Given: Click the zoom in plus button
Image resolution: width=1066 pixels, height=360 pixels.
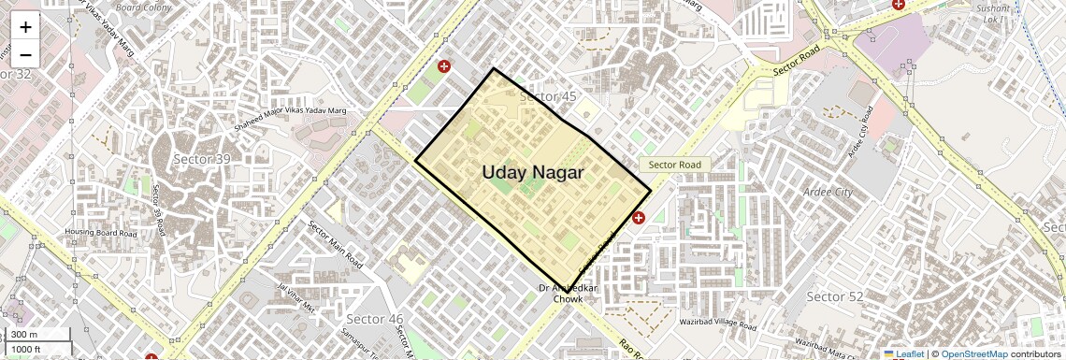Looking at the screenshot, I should tap(25, 27).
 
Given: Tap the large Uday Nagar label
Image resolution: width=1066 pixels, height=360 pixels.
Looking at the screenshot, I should tap(532, 172).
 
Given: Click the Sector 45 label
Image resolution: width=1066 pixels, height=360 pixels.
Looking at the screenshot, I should tap(548, 97).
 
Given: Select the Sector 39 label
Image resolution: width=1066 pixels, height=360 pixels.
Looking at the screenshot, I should tap(201, 160).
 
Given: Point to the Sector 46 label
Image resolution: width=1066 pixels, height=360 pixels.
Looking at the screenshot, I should tap(374, 319).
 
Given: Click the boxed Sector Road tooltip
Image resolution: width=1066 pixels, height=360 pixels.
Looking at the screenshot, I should tap(675, 165).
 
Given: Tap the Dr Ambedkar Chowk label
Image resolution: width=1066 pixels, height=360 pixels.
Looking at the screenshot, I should tap(568, 294).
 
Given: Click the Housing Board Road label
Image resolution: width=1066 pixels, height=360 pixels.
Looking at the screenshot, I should tap(100, 232).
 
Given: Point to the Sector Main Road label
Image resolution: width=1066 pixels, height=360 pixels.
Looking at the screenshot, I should tap(335, 245).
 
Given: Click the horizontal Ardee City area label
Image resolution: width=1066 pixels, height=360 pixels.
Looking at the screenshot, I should tap(828, 193).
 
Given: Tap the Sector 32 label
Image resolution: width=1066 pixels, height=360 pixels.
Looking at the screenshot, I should tap(16, 74).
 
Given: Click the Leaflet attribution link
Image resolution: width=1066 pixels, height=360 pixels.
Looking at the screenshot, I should tap(904, 354).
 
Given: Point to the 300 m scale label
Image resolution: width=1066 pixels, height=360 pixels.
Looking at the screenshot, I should tap(25, 335).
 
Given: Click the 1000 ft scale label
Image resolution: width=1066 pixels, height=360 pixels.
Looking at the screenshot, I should tap(26, 350).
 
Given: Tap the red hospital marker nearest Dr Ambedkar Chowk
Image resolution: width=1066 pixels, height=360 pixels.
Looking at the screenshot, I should tap(639, 218).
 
